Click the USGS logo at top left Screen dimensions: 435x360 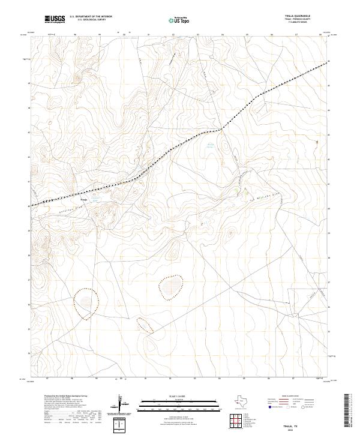(55, 19)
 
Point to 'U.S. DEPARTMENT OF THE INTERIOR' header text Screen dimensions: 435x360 (91, 17)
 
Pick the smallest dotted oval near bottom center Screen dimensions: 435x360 (144, 325)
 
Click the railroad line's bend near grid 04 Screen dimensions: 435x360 (222, 127)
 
